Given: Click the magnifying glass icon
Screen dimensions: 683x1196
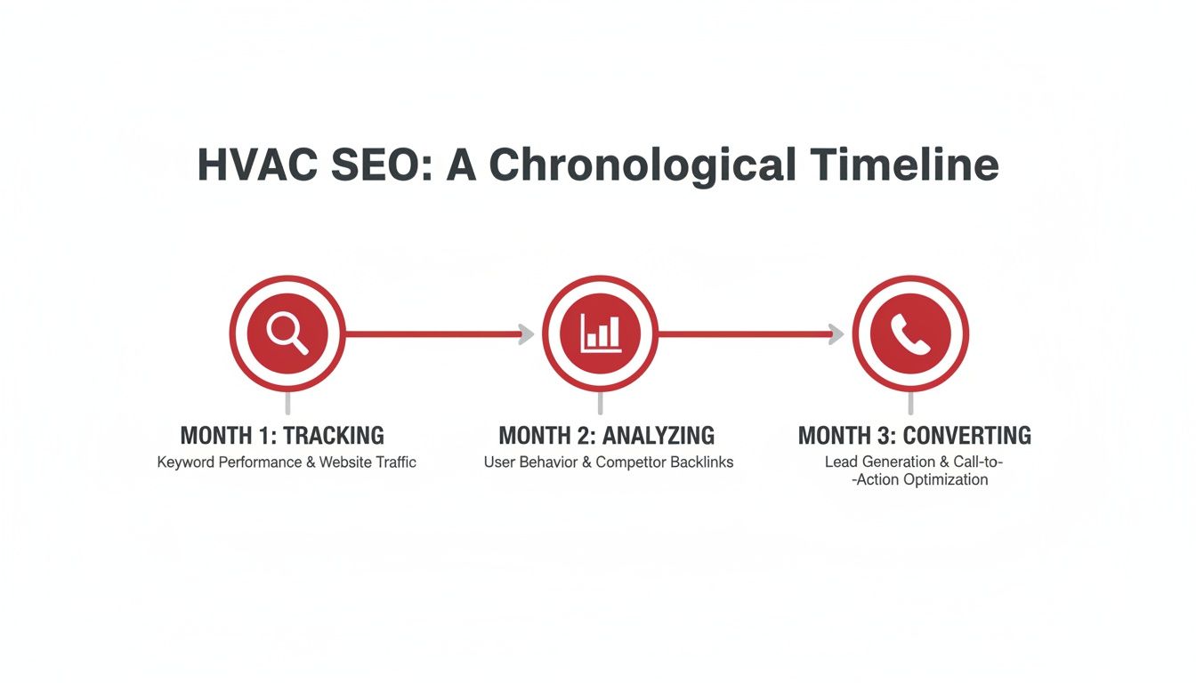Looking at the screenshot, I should point(287,333).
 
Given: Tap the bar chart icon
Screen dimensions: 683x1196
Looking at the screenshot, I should point(600,333).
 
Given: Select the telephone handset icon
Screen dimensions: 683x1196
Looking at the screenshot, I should point(909,333).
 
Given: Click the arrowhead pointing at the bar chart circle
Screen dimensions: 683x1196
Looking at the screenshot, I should point(526,334).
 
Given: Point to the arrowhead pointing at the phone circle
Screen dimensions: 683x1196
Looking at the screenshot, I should point(836,334).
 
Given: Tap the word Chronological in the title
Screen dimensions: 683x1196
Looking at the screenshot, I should point(642,165).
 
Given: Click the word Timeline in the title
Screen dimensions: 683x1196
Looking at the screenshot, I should point(905,165).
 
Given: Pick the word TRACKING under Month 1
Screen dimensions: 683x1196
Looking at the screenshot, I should point(334,436).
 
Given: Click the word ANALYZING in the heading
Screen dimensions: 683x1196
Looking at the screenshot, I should point(659,436).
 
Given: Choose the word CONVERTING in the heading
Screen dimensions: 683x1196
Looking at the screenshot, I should point(967,436).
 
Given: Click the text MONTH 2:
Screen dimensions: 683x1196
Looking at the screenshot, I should point(547,436).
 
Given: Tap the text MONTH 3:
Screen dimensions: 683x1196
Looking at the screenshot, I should point(847,436).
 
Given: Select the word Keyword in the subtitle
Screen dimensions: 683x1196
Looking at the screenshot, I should point(186,462).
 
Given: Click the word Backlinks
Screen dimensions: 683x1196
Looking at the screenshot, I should point(699,462).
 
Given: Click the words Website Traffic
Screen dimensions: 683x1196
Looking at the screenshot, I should point(368,462).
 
